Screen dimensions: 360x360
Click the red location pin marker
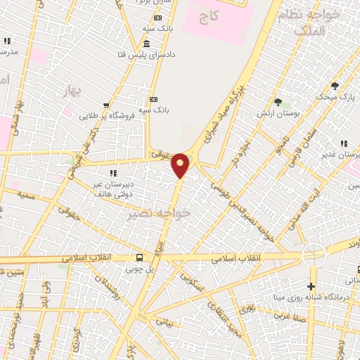coord(181,165)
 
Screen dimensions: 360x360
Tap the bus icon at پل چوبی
coord(139,257)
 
